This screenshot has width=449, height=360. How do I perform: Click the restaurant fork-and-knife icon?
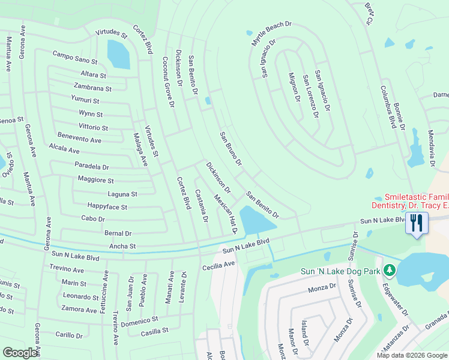tap(416, 223)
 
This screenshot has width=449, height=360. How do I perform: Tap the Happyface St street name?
tap(107, 207)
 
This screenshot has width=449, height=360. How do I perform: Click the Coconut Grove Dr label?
tap(168, 82)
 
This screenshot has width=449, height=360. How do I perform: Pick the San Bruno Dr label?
tap(231, 148)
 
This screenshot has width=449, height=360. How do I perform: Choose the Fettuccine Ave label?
tap(106, 290)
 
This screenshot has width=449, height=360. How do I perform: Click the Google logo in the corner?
tap(20, 353)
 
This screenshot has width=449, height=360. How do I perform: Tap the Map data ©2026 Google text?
tap(411, 355)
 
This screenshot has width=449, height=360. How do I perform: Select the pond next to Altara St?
tap(118, 55)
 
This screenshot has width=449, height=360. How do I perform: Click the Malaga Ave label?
tap(140, 149)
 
